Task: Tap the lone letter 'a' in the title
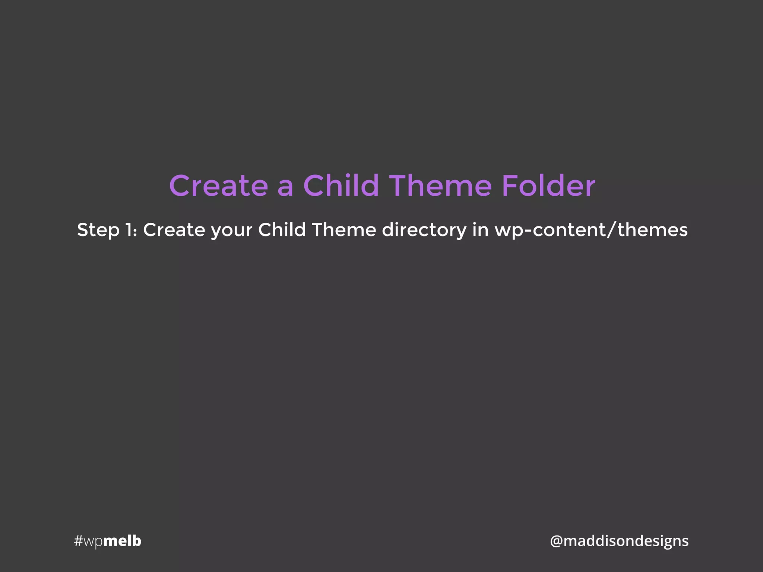[285, 187]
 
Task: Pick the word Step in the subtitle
[98, 230]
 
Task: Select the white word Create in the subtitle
[174, 230]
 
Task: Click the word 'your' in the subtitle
[231, 231]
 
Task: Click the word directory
[424, 230]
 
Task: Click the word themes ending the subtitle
[652, 230]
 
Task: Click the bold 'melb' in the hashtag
[122, 541]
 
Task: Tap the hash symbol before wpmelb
[78, 541]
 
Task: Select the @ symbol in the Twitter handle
[556, 541]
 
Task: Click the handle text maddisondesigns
[626, 541]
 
